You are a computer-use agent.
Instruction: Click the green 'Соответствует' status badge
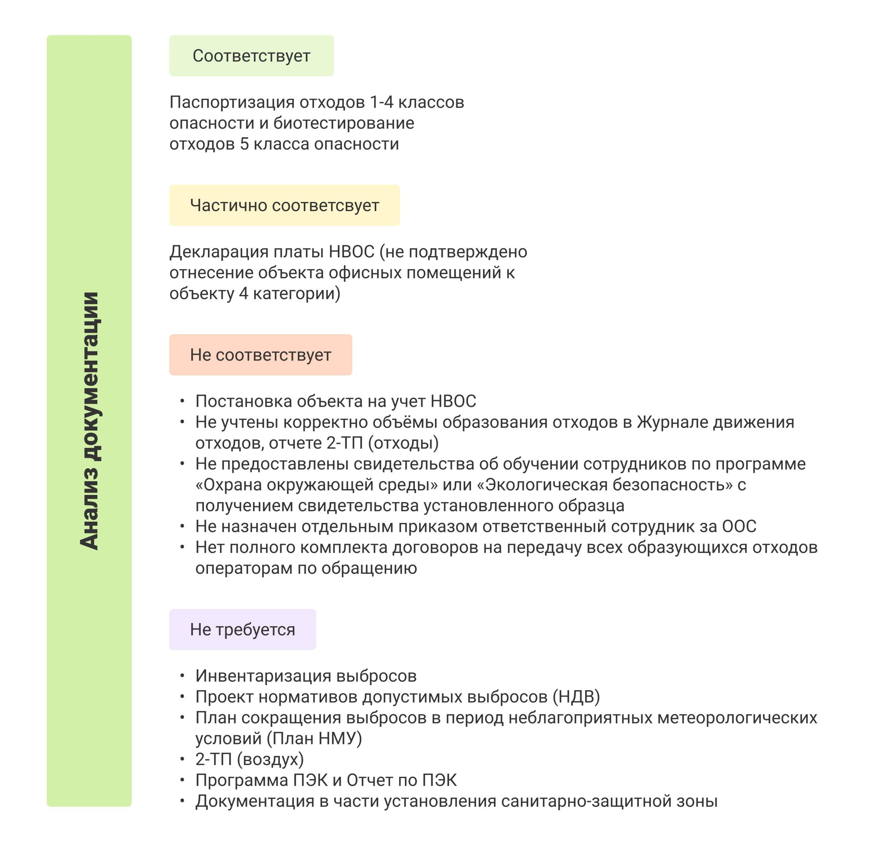pos(251,56)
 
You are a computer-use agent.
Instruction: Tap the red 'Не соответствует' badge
pos(260,355)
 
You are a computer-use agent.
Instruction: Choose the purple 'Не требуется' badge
pos(242,629)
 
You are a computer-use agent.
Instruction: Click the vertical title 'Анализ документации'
pos(89,421)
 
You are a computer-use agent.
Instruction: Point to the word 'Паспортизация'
pos(232,102)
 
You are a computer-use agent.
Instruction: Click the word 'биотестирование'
pos(344,123)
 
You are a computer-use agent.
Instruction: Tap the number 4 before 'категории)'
pos(244,294)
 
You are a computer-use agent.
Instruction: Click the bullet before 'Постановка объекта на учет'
pos(182,401)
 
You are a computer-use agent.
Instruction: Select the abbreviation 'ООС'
pos(739,526)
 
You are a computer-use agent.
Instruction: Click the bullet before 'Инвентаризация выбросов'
pos(182,676)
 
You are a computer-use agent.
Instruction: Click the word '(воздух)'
pos(270,760)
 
